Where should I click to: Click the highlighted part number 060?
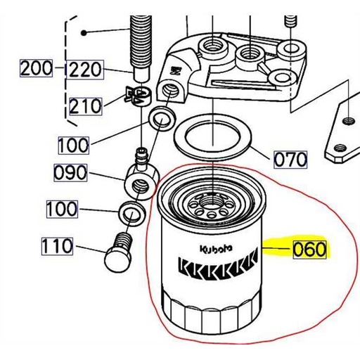(x=309, y=249)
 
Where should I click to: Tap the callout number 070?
(x=290, y=159)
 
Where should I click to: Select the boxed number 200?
(x=37, y=69)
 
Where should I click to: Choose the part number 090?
(x=72, y=172)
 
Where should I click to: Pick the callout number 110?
(x=58, y=246)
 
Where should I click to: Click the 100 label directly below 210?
(x=73, y=145)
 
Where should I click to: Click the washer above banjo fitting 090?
(x=161, y=117)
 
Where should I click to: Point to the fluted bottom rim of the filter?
(x=211, y=315)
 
